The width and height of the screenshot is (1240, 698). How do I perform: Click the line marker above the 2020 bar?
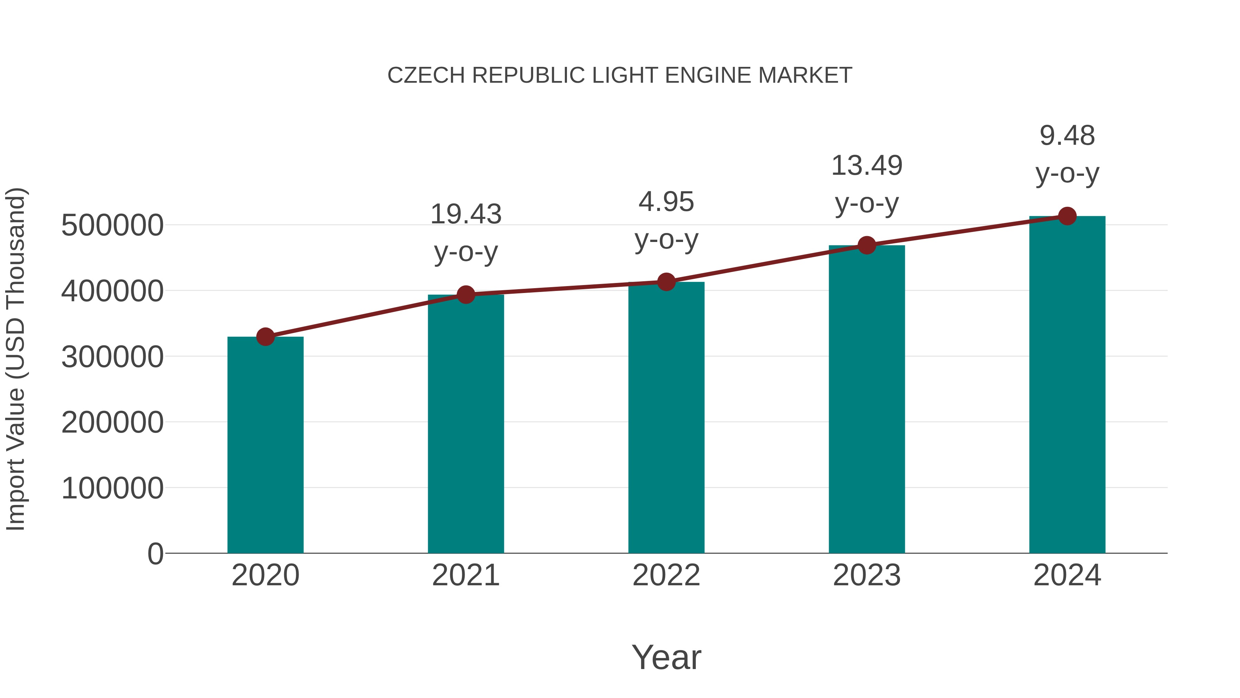265,337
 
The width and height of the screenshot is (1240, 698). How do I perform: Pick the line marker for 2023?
867,245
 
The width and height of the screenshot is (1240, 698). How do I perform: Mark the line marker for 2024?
1067,216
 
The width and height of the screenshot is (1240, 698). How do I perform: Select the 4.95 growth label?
666,202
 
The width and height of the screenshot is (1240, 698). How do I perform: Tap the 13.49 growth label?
867,166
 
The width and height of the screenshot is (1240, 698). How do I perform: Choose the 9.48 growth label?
1067,136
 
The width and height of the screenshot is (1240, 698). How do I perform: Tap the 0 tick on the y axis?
155,554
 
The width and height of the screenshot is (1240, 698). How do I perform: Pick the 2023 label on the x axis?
867,575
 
